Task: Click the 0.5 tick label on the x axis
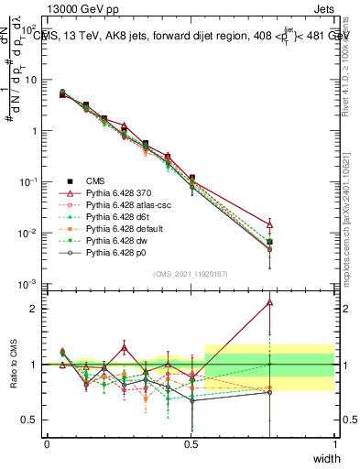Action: click(191, 443)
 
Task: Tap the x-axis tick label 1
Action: click(334, 443)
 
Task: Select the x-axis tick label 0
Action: click(47, 443)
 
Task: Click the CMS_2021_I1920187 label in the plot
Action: click(191, 273)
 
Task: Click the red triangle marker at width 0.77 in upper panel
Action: click(269, 224)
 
